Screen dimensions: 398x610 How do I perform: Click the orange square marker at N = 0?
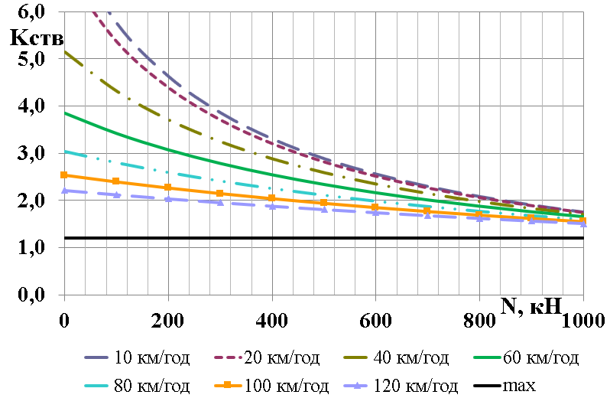click(x=64, y=175)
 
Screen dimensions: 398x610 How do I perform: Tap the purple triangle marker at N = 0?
click(x=64, y=190)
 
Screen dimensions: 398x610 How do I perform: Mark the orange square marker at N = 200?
click(x=168, y=188)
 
